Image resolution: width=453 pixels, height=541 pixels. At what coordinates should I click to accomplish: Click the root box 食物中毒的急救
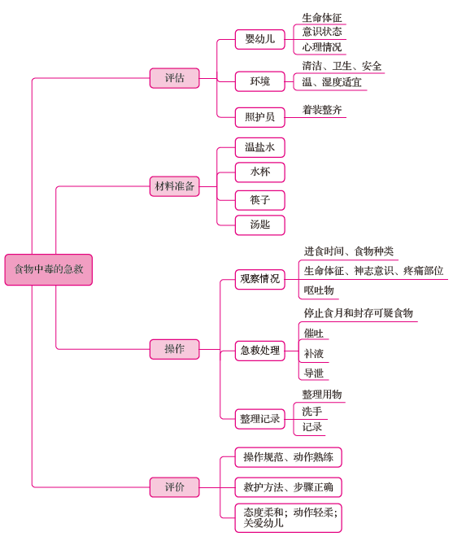48,269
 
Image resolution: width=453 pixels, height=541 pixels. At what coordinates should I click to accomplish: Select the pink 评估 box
175,78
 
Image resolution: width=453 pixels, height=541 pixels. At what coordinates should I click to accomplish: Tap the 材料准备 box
175,186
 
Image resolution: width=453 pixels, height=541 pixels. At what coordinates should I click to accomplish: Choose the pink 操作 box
175,349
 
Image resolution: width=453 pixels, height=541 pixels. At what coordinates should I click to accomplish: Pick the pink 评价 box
175,487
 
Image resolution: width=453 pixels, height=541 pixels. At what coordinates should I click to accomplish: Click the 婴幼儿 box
260,39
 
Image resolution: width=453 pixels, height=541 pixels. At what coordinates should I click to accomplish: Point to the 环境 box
260,81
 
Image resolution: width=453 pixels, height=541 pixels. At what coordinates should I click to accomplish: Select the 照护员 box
260,117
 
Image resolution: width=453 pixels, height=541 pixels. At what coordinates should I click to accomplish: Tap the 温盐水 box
260,148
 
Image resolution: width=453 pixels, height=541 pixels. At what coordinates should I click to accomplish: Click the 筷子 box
260,200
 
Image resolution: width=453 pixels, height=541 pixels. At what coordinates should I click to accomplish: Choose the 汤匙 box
260,225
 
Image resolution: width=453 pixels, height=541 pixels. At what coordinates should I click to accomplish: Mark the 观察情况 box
260,280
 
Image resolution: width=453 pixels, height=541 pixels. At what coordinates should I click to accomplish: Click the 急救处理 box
260,351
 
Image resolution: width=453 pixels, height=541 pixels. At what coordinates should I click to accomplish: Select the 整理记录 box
260,419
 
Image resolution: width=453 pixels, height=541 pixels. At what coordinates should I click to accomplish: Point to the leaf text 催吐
314,334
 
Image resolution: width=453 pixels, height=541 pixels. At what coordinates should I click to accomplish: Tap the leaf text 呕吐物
319,290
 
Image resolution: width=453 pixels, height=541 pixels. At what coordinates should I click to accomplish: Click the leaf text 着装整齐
322,110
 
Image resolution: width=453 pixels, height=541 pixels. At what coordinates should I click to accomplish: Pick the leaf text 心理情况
322,47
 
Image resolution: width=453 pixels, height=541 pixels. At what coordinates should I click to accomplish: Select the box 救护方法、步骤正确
289,487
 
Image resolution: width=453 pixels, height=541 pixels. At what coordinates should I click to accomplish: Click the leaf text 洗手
312,412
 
